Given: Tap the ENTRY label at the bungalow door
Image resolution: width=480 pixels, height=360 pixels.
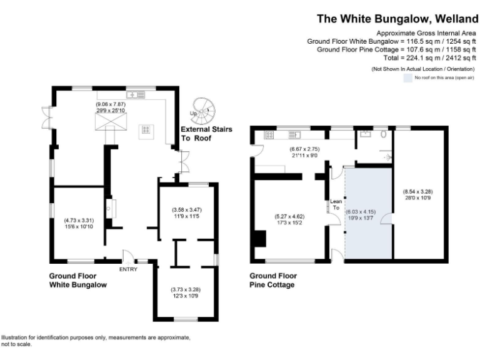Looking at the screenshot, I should tap(128, 269).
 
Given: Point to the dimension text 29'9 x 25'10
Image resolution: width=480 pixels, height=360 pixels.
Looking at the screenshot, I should tap(111, 110).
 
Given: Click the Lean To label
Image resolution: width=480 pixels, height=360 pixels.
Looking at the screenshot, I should tap(336, 204).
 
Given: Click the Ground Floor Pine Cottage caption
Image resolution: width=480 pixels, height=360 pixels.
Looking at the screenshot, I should tap(273, 280).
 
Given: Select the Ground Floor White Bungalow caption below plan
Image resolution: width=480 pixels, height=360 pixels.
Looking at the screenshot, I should tap(77, 280).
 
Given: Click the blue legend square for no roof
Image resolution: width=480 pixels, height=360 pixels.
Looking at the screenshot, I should tap(407, 78).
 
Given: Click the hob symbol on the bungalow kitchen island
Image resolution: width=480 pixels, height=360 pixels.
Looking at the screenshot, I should tap(146, 130).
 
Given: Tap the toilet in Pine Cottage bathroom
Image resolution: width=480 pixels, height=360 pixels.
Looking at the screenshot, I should tap(382, 133).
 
